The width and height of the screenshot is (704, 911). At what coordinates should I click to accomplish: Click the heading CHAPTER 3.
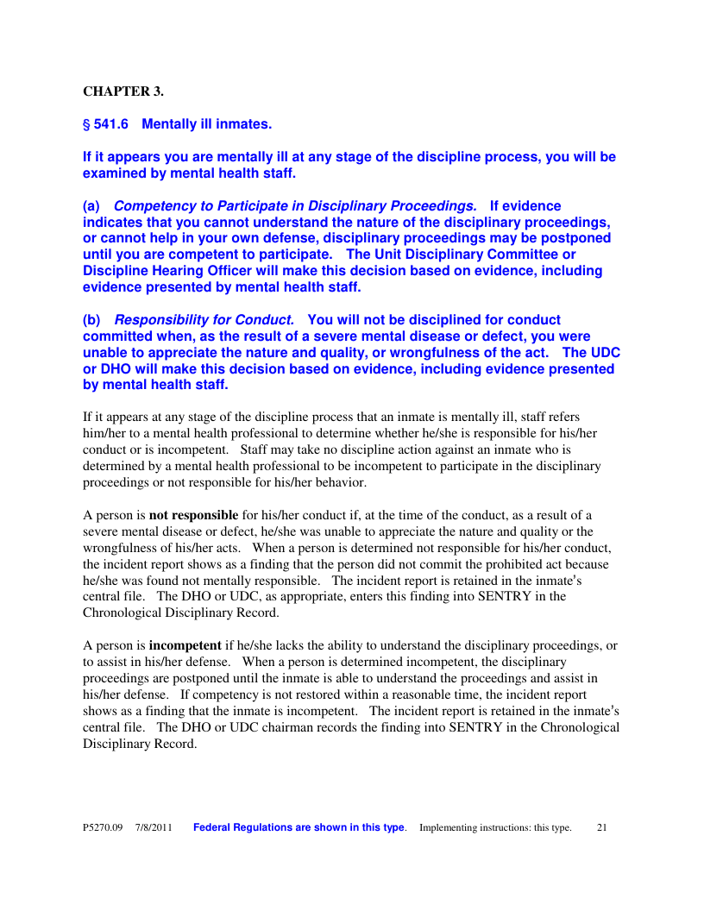click(123, 91)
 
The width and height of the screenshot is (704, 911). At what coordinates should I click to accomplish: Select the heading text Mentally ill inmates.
click(207, 124)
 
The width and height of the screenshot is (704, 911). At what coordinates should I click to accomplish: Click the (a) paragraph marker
click(91, 206)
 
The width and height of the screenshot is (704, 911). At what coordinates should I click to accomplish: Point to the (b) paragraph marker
click(91, 320)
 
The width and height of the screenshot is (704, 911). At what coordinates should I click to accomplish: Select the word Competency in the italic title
click(148, 206)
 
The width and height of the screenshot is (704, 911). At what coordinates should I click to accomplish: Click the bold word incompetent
click(185, 645)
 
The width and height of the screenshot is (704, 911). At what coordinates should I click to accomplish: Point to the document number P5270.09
click(104, 828)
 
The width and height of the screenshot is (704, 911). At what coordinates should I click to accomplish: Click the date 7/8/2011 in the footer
click(154, 828)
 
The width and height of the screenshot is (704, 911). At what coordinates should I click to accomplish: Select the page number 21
click(602, 828)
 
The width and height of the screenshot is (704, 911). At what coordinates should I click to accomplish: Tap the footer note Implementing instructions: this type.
click(495, 828)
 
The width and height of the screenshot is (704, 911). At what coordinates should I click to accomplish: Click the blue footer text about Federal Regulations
click(299, 828)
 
